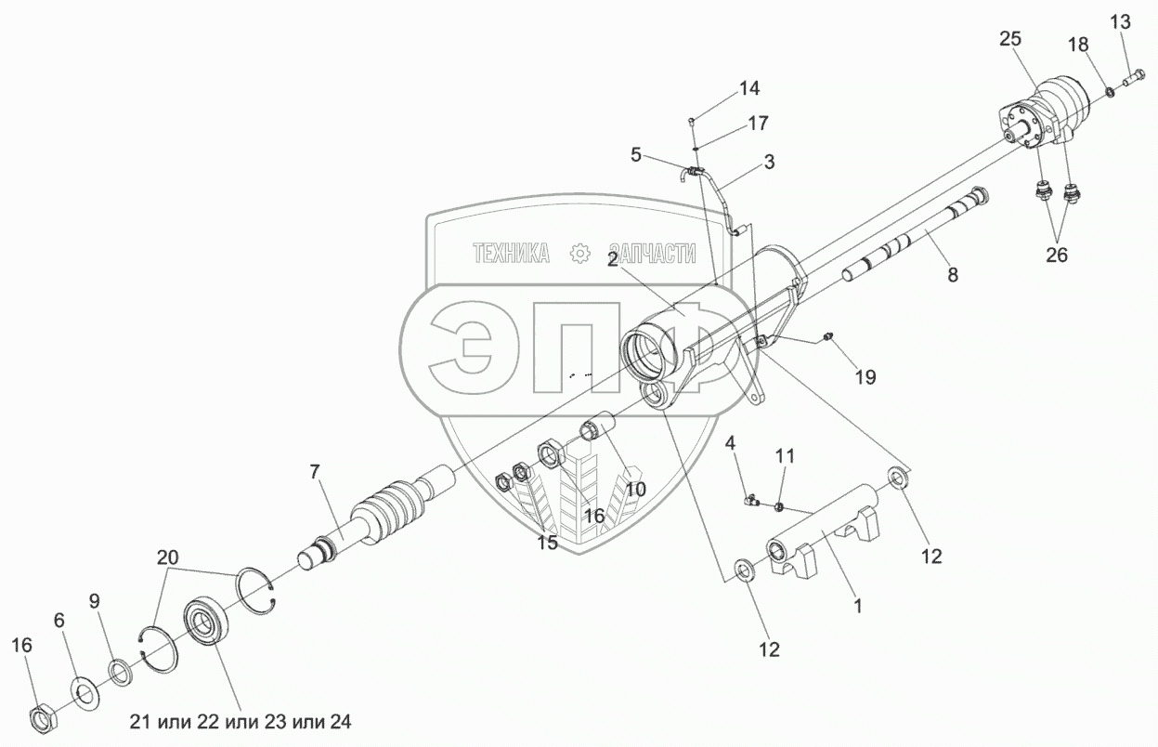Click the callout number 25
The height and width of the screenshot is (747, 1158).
(1010, 39)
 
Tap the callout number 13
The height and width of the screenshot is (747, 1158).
(1120, 21)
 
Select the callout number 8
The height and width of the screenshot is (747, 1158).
(953, 275)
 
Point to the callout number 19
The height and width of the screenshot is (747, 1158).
(865, 377)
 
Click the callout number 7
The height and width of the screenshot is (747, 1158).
(315, 472)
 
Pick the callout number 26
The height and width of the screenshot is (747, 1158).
(1057, 255)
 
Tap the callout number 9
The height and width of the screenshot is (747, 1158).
(94, 601)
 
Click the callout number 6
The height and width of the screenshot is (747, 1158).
(59, 621)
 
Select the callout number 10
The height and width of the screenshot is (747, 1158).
(635, 489)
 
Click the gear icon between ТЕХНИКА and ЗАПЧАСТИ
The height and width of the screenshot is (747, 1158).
(580, 254)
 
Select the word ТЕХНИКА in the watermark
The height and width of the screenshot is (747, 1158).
(512, 254)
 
